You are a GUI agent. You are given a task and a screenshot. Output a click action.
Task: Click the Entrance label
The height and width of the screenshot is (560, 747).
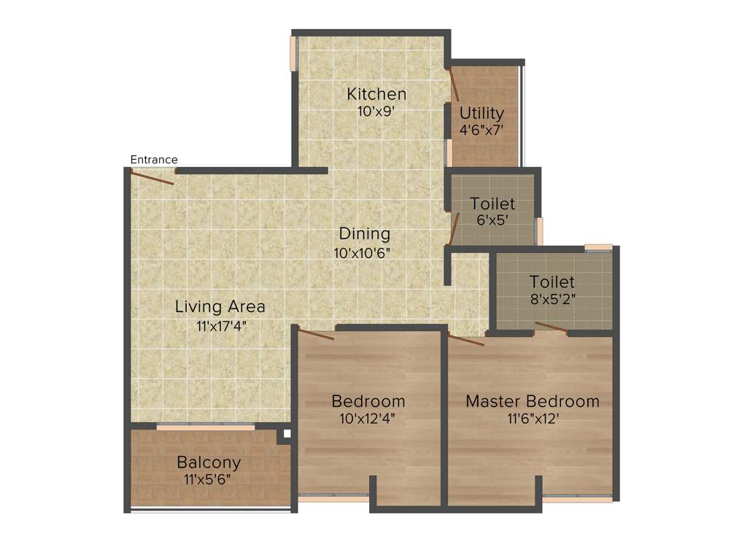pos(153,160)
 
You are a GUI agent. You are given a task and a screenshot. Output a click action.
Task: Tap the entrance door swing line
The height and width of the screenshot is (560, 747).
pos(152,177)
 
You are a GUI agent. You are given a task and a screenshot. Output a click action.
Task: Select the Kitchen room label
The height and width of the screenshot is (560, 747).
pos(376,94)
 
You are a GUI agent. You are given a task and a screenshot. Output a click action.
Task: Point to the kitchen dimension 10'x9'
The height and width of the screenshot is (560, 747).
pos(376,112)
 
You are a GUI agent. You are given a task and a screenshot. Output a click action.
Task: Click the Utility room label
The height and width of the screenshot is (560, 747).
pos(481,113)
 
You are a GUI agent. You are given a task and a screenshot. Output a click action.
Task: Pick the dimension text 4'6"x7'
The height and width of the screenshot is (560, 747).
pos(481,130)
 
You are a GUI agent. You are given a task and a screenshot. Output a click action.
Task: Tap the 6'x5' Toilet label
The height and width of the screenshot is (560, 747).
pos(492,203)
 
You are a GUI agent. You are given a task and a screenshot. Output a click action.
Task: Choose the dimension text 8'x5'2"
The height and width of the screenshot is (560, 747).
pos(552,298)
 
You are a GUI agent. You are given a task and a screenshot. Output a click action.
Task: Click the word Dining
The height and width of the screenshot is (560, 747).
pos(365,234)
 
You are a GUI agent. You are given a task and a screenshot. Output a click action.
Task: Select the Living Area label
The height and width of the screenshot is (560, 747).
pos(220,306)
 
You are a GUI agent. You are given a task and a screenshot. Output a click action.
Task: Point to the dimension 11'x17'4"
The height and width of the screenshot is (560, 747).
pos(222,326)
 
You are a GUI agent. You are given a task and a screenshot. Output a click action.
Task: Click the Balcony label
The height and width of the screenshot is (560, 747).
pos(209,462)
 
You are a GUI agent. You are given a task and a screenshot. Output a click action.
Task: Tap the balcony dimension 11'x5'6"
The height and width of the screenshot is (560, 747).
pos(209,479)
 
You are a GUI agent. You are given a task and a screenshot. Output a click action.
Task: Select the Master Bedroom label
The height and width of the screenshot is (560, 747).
pos(533,401)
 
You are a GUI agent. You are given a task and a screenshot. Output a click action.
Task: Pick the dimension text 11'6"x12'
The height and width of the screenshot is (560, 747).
pos(533,419)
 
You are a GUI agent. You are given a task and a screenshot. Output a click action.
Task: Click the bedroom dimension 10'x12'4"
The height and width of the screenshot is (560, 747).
pos(368,419)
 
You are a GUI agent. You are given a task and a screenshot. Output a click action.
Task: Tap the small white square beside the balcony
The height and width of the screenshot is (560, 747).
pos(287,434)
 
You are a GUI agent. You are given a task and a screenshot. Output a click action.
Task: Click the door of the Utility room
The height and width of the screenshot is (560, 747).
pos(453,84)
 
